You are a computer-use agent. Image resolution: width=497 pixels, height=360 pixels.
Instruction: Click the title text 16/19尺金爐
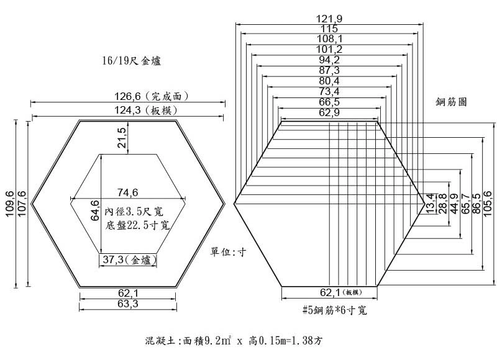[131, 60]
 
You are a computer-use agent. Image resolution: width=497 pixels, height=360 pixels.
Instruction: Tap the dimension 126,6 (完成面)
[152, 96]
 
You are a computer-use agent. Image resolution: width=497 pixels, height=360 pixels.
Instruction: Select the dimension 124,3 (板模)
[146, 110]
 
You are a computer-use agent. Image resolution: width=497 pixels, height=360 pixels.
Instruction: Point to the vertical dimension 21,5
[122, 137]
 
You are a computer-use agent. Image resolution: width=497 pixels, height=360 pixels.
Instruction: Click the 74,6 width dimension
[128, 192]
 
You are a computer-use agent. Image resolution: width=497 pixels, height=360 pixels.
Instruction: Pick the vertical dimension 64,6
[95, 210]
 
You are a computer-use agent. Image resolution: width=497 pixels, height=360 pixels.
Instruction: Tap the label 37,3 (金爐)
[129, 260]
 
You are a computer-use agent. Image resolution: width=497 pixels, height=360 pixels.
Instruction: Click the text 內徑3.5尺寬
[134, 211]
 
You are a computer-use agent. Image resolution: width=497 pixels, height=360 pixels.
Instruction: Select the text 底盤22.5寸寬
[137, 225]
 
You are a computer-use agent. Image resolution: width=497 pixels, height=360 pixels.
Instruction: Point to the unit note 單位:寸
[228, 252]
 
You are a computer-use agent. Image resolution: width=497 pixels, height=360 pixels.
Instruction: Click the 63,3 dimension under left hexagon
[128, 304]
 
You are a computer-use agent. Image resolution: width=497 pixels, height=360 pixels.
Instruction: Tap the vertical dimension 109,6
[10, 204]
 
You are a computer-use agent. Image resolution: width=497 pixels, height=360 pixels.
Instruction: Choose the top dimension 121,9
[329, 19]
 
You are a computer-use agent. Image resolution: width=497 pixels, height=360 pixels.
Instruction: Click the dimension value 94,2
[329, 60]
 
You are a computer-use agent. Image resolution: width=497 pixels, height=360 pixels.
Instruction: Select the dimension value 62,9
[329, 112]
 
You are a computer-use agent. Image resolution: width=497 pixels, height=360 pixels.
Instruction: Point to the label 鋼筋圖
[451, 102]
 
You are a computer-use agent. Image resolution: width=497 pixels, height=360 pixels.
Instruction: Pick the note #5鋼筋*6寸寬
[335, 310]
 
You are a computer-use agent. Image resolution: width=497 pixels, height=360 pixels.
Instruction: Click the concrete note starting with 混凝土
[234, 340]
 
